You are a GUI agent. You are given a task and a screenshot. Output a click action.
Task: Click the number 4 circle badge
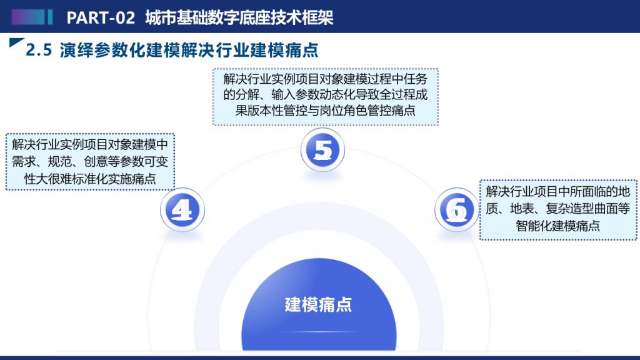click(182, 210)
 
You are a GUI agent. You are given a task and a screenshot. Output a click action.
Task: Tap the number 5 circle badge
click(322, 150)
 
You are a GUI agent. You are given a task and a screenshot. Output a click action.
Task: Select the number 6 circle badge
click(456, 210)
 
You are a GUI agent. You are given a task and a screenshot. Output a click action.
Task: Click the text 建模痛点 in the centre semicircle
click(318, 304)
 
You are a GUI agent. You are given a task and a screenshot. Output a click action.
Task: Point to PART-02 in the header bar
click(101, 17)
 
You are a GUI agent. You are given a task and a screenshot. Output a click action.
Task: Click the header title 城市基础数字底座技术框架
click(239, 17)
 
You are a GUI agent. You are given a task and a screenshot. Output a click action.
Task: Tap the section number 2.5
click(39, 50)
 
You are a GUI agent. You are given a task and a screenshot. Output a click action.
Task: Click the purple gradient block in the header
click(28, 17)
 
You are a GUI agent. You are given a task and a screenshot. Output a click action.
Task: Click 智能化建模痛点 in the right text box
click(557, 226)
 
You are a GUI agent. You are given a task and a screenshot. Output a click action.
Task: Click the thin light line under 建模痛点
click(318, 332)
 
